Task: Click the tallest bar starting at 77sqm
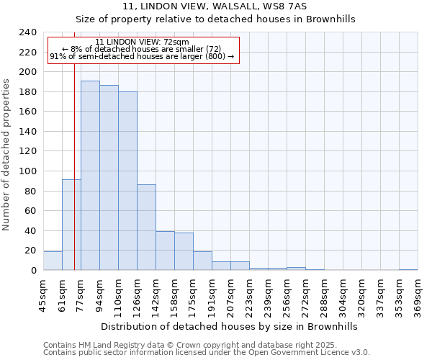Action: click(90, 176)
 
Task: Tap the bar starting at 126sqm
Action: click(146, 228)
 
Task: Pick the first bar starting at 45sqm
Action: click(53, 261)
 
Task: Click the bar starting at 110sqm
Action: click(127, 181)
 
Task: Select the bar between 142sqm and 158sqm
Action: click(165, 251)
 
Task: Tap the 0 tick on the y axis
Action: click(34, 271)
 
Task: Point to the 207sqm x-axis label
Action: click(230, 297)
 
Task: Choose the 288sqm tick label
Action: click(324, 297)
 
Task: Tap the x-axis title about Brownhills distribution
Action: click(229, 326)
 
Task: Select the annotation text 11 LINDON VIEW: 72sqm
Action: click(142, 42)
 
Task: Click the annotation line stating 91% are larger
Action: click(142, 56)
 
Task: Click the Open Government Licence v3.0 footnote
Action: click(207, 352)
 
